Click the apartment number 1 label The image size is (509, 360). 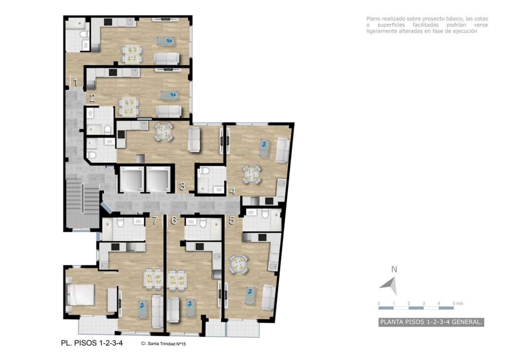75,82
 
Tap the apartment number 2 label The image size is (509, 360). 93,98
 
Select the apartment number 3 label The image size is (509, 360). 182,186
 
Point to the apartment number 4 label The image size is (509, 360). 232,191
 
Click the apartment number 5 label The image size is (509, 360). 232,220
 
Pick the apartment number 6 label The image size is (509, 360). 174,220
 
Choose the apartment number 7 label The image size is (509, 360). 155,220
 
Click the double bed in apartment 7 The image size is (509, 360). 80,295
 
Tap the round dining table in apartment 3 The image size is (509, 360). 163,131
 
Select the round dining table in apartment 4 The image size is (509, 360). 252,175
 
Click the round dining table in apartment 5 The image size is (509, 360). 239,264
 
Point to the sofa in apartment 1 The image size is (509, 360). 166,58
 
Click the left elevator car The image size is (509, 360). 132,180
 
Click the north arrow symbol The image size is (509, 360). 389,286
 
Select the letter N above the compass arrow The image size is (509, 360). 394,270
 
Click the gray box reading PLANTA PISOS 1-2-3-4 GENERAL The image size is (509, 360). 431,322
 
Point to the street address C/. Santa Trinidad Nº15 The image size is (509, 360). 164,344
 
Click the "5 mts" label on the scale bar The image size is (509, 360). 458,303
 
